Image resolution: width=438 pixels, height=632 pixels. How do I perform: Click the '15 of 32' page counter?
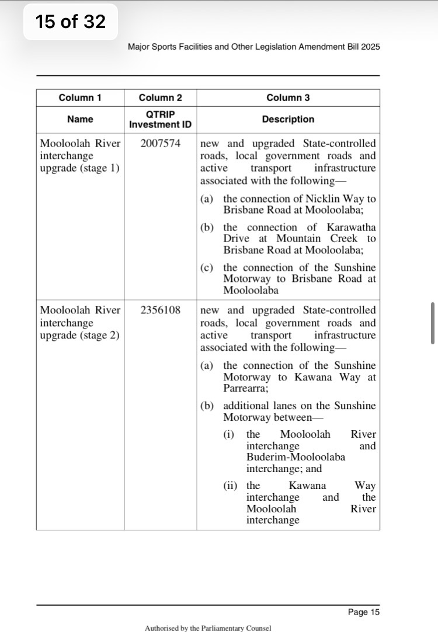(x=70, y=22)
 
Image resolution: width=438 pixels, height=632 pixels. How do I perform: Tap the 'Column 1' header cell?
(x=80, y=97)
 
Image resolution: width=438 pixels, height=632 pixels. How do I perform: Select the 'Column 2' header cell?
(x=160, y=97)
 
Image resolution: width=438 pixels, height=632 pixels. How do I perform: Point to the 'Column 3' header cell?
(x=288, y=97)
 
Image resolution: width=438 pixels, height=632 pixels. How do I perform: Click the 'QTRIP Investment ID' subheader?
(x=160, y=119)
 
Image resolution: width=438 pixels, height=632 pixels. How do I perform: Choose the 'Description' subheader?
(x=288, y=119)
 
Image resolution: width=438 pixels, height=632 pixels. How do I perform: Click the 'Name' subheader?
(x=80, y=119)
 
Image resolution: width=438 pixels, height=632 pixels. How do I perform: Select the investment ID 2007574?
(x=161, y=144)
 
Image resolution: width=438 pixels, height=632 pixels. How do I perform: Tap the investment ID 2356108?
(x=161, y=310)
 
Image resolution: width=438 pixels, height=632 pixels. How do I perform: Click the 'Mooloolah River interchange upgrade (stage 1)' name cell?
(x=80, y=156)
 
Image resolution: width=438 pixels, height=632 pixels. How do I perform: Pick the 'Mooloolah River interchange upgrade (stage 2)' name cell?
(x=80, y=323)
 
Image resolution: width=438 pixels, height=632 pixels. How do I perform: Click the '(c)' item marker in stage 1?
(x=206, y=268)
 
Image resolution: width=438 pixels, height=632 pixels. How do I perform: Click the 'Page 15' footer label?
(x=363, y=612)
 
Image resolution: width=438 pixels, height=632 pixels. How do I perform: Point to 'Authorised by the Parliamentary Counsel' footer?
(x=208, y=628)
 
